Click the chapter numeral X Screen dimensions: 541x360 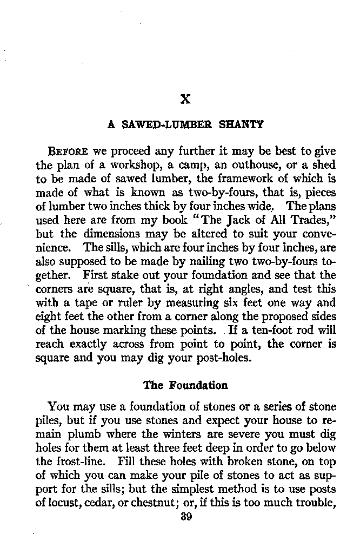[x=185, y=99]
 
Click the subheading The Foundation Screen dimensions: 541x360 [x=185, y=386]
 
